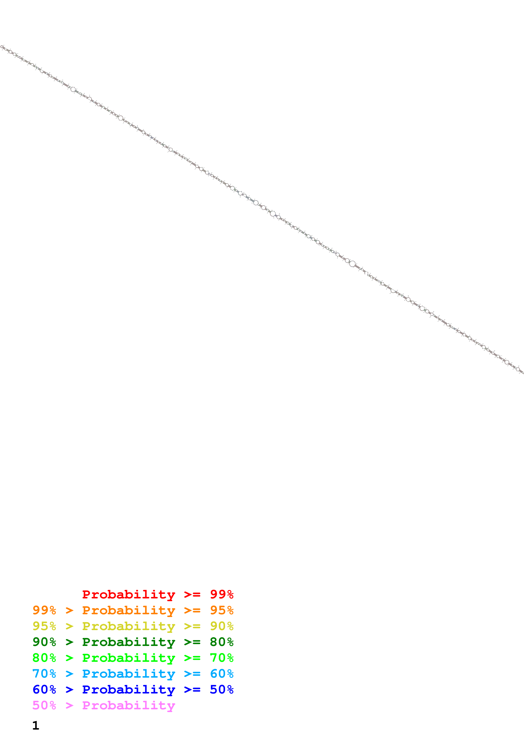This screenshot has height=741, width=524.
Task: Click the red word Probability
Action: coord(129,594)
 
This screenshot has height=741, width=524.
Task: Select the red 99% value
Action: coord(222,594)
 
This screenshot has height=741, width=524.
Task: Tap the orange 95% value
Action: coord(222,610)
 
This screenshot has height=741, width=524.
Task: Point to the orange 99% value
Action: coord(44,610)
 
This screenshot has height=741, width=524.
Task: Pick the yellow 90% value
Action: coord(222,626)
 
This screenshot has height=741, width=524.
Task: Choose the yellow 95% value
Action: coord(44,626)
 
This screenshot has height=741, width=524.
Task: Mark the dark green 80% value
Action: coord(222,642)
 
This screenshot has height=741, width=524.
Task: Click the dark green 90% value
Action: coord(44,642)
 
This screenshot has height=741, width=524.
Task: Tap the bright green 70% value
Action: coord(222,658)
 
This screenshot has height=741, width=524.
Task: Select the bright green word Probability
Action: coord(129,658)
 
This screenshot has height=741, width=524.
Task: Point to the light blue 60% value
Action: coord(222,674)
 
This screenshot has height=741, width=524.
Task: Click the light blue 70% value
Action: coord(44,674)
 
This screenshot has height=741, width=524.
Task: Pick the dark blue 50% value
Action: coord(222,689)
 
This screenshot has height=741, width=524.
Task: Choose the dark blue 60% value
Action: coord(44,689)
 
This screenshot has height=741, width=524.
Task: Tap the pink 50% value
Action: coord(44,705)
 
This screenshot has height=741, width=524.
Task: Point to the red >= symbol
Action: coord(192,594)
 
